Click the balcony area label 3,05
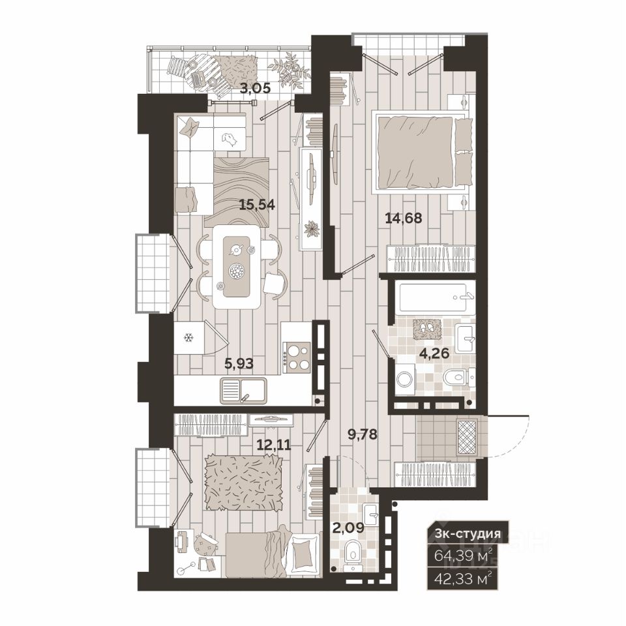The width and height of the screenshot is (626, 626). tap(255, 88)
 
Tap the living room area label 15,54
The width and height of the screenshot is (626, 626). tap(257, 205)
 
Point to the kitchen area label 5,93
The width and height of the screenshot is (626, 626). tap(239, 363)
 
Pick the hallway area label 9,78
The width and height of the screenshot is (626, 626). tap(363, 434)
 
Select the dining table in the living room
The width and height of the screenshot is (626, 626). tap(236, 267)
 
